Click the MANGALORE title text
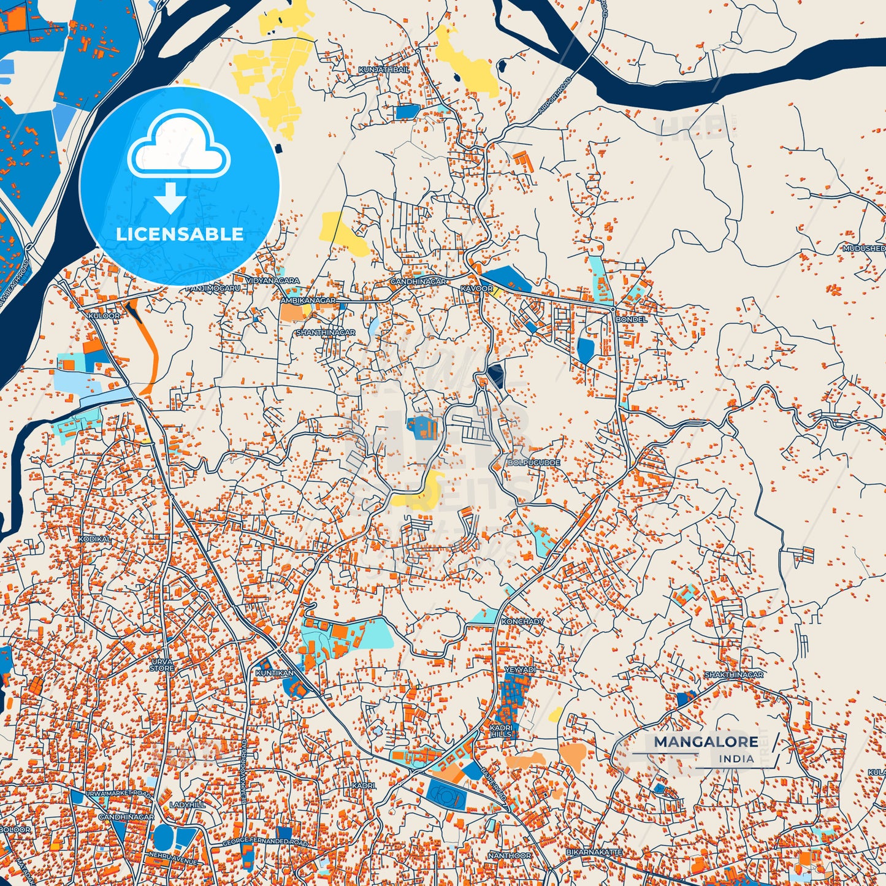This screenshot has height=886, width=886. pos(705,742)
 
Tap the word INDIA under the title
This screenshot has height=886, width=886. pos(736,759)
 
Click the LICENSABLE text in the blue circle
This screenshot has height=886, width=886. pos(180,234)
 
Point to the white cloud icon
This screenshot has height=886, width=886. pos(178,146)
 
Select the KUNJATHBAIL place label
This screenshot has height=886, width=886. pos(384,71)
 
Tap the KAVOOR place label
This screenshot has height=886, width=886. pos(476,289)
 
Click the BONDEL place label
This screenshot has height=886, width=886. pos(631,319)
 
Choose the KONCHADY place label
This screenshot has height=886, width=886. pos(522,622)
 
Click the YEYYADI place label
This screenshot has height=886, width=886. pos(520,670)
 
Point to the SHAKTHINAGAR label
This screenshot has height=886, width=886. pos(734,674)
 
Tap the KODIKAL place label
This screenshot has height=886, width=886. pos(94,539)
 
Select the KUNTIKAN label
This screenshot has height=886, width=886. pos(274,673)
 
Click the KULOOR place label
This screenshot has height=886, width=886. pos(104,316)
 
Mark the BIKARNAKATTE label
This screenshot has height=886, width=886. pos(594,852)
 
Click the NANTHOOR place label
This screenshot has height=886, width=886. pos(510,855)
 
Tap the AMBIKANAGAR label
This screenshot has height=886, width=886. pos(308,301)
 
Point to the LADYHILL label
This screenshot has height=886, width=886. pos(187,804)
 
